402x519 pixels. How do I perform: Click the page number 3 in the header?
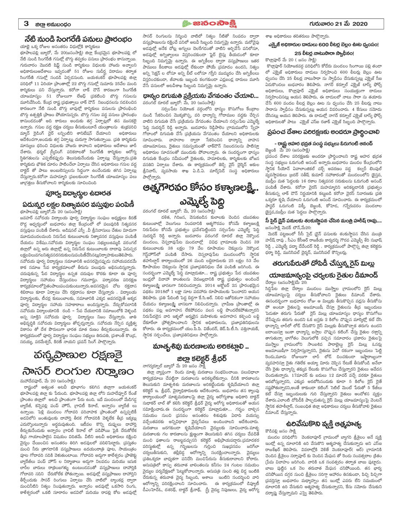(x=26, y=24)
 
